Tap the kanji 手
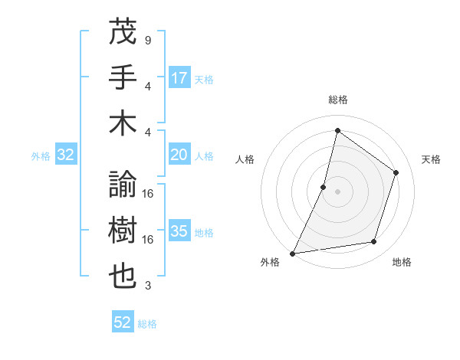(123, 77)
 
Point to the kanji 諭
(123, 184)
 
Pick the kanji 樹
(123, 230)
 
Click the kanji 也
(123, 276)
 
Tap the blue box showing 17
(179, 78)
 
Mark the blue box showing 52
(123, 323)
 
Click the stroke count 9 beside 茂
(147, 40)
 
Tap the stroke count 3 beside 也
(147, 286)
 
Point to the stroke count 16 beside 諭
(149, 194)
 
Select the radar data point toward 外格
(293, 253)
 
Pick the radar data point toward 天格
(396, 172)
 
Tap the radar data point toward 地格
(374, 242)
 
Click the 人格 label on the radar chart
(245, 159)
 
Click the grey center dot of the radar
(337, 191)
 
